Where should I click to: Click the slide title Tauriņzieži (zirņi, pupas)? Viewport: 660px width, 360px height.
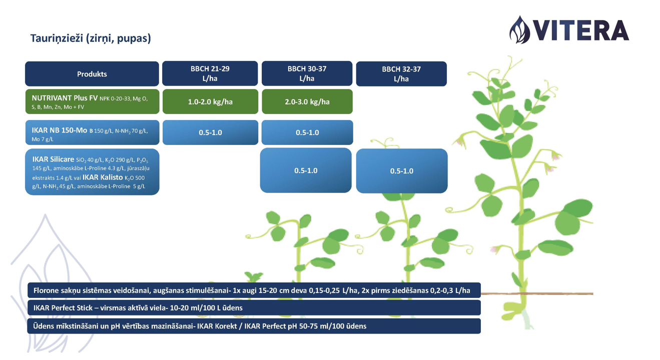[x=91, y=38]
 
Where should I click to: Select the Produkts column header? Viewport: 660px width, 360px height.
[x=92, y=74]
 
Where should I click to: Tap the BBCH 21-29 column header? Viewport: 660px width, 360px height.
[x=210, y=73]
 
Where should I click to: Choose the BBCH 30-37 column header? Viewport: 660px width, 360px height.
[x=307, y=73]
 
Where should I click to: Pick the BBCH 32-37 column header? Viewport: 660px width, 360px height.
[x=401, y=74]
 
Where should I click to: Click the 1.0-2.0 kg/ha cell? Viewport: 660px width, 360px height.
[x=210, y=101]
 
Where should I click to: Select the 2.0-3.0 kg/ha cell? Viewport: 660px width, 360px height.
[x=307, y=101]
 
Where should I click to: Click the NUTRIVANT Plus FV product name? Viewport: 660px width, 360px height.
[x=65, y=98]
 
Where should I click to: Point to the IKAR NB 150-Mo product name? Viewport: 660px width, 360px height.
[x=59, y=130]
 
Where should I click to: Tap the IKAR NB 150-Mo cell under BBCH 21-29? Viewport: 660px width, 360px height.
[x=210, y=132]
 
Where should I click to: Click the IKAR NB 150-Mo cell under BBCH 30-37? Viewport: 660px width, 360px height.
[x=307, y=132]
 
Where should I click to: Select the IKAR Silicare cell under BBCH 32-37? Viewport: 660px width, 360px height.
[x=402, y=170]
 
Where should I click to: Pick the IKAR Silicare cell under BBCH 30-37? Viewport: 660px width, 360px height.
[x=306, y=170]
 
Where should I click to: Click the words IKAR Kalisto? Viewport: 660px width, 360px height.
[x=103, y=177]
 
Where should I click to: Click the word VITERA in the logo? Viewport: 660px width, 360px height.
[x=581, y=30]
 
